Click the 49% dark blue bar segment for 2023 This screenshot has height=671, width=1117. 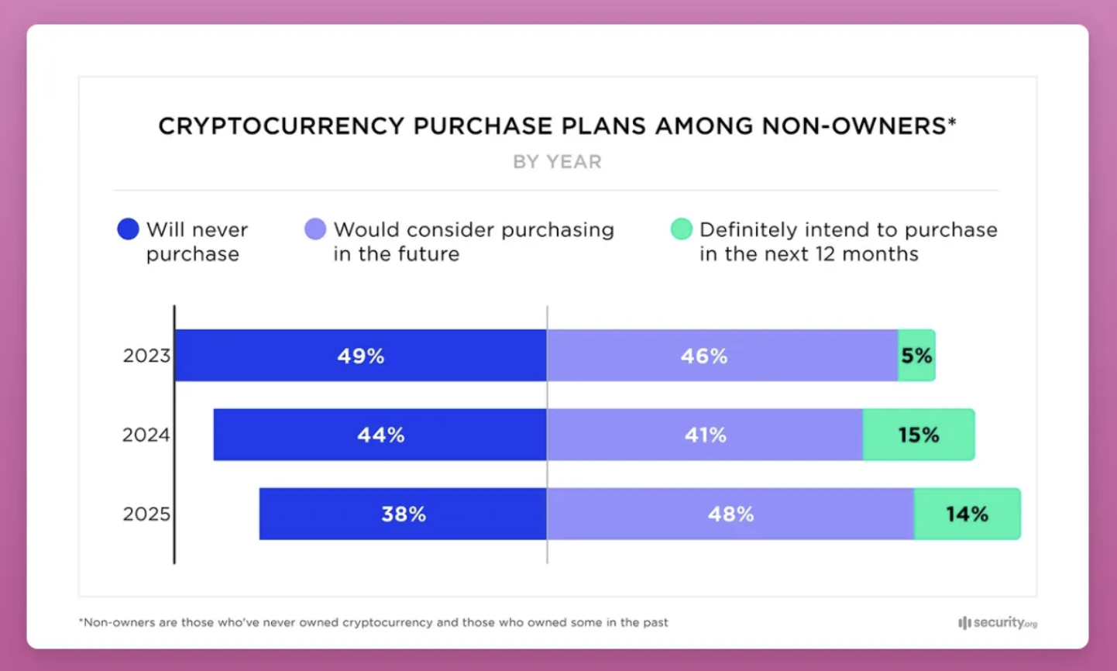click(x=360, y=356)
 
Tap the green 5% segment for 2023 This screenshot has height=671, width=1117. click(x=916, y=356)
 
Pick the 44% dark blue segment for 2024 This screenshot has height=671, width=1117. click(x=380, y=435)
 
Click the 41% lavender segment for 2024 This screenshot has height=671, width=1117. click(x=705, y=435)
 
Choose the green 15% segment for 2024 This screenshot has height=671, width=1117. click(x=919, y=435)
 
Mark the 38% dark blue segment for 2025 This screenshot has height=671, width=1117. click(x=403, y=514)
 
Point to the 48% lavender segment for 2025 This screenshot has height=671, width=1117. click(x=730, y=514)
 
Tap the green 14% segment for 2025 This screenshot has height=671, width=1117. click(x=967, y=514)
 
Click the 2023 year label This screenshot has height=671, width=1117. click(x=146, y=356)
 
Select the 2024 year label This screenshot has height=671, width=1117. click(x=146, y=435)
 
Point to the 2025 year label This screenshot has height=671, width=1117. click(x=146, y=514)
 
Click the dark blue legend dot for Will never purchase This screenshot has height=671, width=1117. click(x=128, y=229)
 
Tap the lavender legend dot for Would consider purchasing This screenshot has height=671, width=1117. click(x=315, y=229)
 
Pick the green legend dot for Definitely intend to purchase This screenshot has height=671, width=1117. click(x=681, y=229)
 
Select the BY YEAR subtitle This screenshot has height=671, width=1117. click(x=557, y=162)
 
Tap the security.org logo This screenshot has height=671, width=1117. click(x=997, y=623)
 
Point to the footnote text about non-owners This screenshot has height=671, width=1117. click(x=373, y=622)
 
